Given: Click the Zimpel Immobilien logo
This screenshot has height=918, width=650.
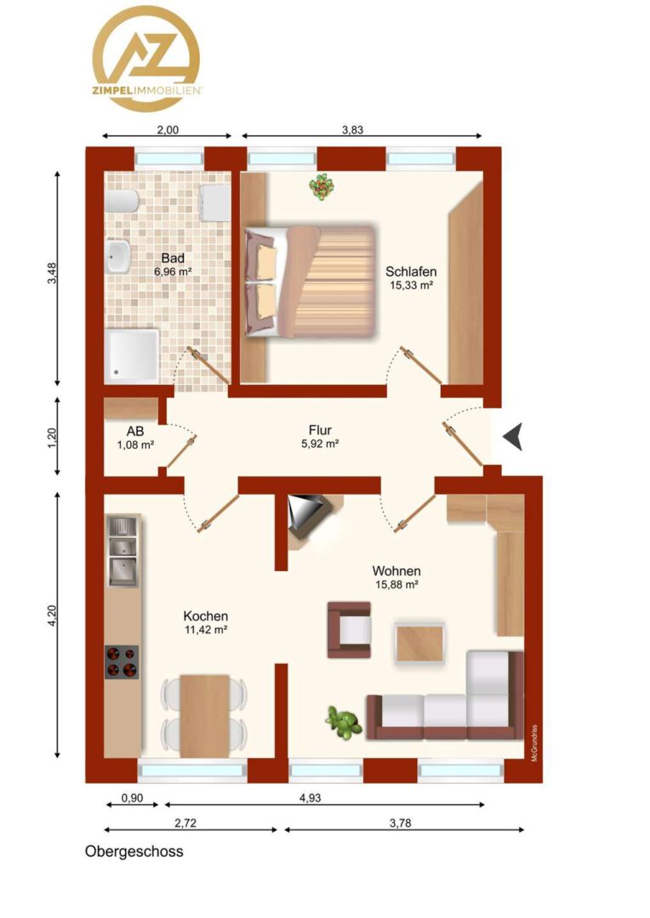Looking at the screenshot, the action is click(146, 59).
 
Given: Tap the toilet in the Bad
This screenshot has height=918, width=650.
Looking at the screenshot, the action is click(123, 201).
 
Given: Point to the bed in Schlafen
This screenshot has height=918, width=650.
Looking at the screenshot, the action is click(310, 282).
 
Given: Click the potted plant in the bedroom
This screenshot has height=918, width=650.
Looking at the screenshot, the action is click(322, 187).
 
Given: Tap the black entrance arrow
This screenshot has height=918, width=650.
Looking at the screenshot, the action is click(513, 436).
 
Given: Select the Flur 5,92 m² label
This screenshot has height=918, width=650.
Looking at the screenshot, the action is click(320, 437).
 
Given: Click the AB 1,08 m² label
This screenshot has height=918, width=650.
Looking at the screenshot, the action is click(135, 438).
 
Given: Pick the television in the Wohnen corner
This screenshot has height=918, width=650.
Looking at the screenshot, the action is click(308, 515).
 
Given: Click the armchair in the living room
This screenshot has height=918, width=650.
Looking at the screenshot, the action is click(349, 629).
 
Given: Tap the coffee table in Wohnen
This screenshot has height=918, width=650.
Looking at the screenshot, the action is click(419, 643).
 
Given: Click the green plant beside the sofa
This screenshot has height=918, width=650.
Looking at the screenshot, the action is click(344, 722).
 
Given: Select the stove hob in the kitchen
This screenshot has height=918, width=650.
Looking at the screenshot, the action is click(122, 662).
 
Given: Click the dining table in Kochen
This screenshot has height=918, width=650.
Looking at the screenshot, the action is click(204, 716).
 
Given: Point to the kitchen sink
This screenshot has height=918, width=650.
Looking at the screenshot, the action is click(123, 551).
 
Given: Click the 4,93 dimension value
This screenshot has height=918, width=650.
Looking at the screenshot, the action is click(310, 797).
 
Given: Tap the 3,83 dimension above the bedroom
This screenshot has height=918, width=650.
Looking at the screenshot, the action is click(353, 130).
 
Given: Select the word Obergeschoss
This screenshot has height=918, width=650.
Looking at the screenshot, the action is click(134, 851).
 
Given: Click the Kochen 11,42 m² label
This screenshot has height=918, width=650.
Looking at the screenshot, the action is click(206, 622).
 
